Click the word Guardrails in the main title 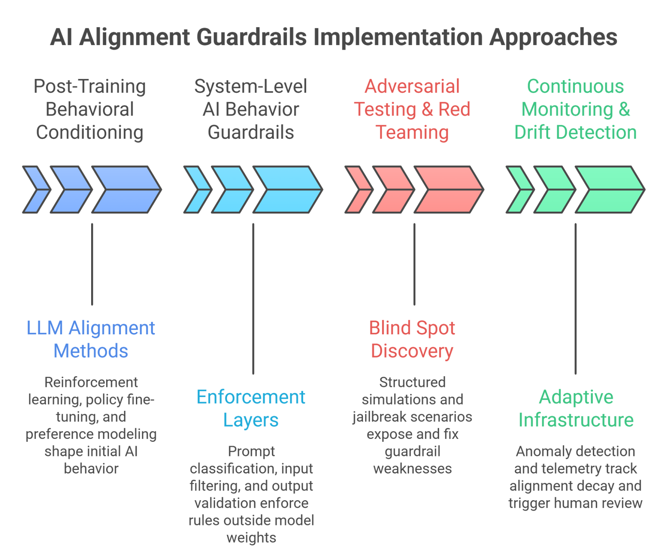251,37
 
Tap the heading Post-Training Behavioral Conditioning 90,109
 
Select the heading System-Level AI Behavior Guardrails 251,109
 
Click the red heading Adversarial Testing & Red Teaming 412,109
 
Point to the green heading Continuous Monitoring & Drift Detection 575,109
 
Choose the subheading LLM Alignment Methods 91,339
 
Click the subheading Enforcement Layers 251,408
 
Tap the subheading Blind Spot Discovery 412,339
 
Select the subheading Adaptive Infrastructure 576,408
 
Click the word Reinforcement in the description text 91,382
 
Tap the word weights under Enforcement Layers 251,538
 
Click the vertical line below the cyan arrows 253,299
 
